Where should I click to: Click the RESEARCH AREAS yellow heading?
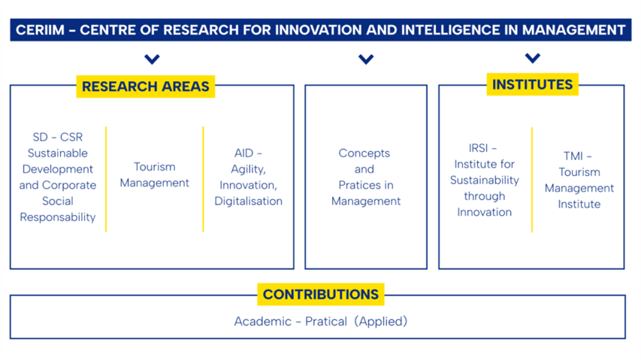point(146,86)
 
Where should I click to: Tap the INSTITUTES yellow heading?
point(532,84)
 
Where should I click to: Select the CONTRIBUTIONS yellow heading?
point(320,294)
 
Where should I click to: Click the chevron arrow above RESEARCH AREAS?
point(152,59)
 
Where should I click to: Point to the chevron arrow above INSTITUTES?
point(533,58)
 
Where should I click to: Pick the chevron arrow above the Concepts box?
point(366,59)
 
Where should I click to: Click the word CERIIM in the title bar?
point(40,30)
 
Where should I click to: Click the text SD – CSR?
point(58,137)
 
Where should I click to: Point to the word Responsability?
point(58,217)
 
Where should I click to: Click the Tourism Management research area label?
point(155,174)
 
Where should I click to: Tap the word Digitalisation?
point(249,201)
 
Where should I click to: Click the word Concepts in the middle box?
point(364,153)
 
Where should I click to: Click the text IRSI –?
point(482,148)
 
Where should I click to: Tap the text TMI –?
point(578,156)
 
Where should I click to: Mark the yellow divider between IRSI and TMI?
point(532,180)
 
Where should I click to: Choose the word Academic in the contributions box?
point(263,321)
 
